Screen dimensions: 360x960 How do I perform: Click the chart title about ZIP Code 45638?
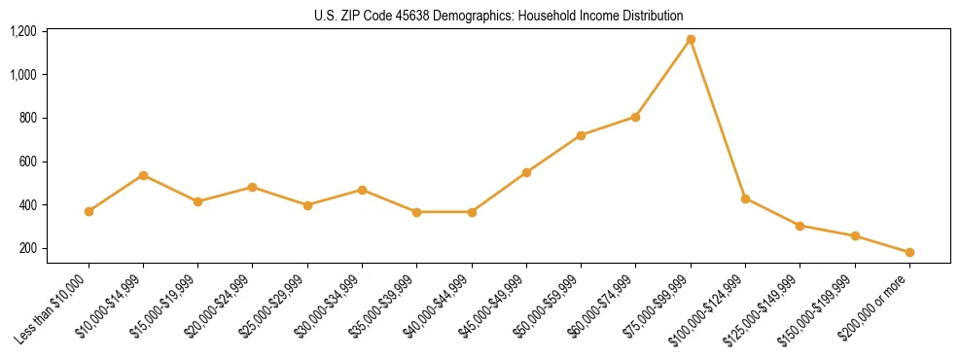tap(499, 16)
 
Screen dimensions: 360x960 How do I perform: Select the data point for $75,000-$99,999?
tap(691, 40)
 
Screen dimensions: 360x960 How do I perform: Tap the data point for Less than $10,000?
tap(89, 211)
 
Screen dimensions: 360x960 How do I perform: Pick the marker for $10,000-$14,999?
tap(143, 175)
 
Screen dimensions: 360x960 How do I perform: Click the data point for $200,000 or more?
tap(909, 252)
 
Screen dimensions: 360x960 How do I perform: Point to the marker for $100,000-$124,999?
tap(745, 198)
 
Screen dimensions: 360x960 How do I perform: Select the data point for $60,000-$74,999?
tap(635, 117)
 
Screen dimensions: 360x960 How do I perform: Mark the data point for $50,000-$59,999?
tap(581, 135)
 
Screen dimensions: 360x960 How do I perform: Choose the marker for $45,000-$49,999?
tap(526, 172)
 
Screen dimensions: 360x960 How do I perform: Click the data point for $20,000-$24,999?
tap(253, 187)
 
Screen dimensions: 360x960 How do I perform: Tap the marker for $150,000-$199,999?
tap(855, 235)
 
